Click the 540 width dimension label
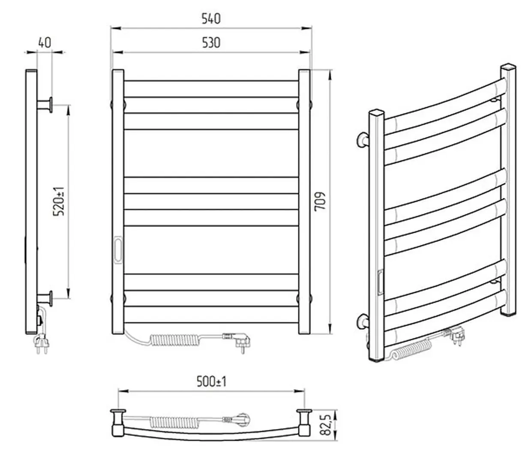coord(211,18)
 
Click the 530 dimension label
coord(211,42)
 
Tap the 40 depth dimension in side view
coord(45,42)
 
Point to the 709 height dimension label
coord(320,201)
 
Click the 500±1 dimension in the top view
coord(211,381)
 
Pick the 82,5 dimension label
coord(327,425)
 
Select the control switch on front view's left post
coord(118,248)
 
